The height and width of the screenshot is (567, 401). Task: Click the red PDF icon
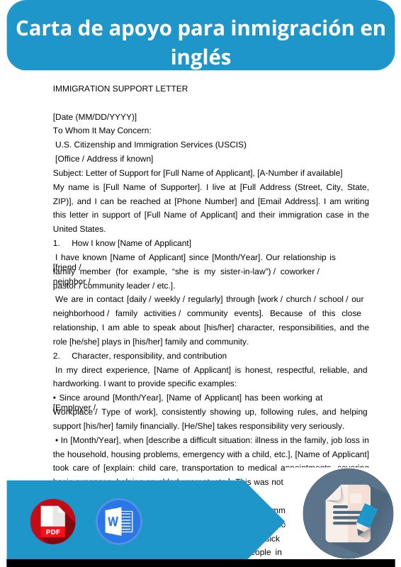pyautogui.click(x=53, y=521)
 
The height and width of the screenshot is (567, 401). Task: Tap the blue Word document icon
pyautogui.click(x=119, y=521)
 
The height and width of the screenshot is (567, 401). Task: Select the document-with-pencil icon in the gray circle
pyautogui.click(x=347, y=514)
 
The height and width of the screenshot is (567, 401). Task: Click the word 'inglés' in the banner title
pyautogui.click(x=200, y=57)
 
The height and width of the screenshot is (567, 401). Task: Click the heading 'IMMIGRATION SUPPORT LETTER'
pyautogui.click(x=120, y=89)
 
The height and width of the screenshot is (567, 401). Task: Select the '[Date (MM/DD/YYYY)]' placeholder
pyautogui.click(x=95, y=116)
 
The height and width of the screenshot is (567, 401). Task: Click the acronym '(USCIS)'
pyautogui.click(x=229, y=145)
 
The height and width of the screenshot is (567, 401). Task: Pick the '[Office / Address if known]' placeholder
pyautogui.click(x=104, y=159)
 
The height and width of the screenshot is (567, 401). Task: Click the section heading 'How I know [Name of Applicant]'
pyautogui.click(x=132, y=243)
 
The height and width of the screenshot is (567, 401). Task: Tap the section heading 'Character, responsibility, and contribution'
pyautogui.click(x=149, y=356)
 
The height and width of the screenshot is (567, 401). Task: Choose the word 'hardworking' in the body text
pyautogui.click(x=76, y=383)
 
